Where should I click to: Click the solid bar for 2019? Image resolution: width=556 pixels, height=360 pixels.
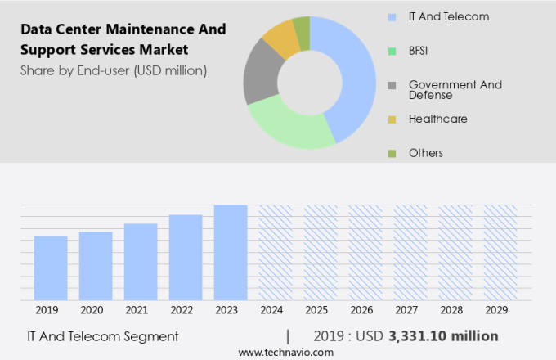click(x=51, y=268)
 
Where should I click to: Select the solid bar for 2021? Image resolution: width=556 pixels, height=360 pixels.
click(x=141, y=262)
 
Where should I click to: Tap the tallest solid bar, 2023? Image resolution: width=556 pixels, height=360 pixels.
click(x=231, y=253)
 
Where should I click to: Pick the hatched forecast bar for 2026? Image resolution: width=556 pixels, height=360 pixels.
click(x=365, y=253)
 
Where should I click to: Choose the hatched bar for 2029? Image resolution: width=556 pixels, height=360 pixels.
click(x=500, y=253)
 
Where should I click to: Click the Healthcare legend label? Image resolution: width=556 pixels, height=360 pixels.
click(x=437, y=119)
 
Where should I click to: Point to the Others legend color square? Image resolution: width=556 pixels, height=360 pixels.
click(x=392, y=153)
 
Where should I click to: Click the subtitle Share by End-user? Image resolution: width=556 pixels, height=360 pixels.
click(x=114, y=70)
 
